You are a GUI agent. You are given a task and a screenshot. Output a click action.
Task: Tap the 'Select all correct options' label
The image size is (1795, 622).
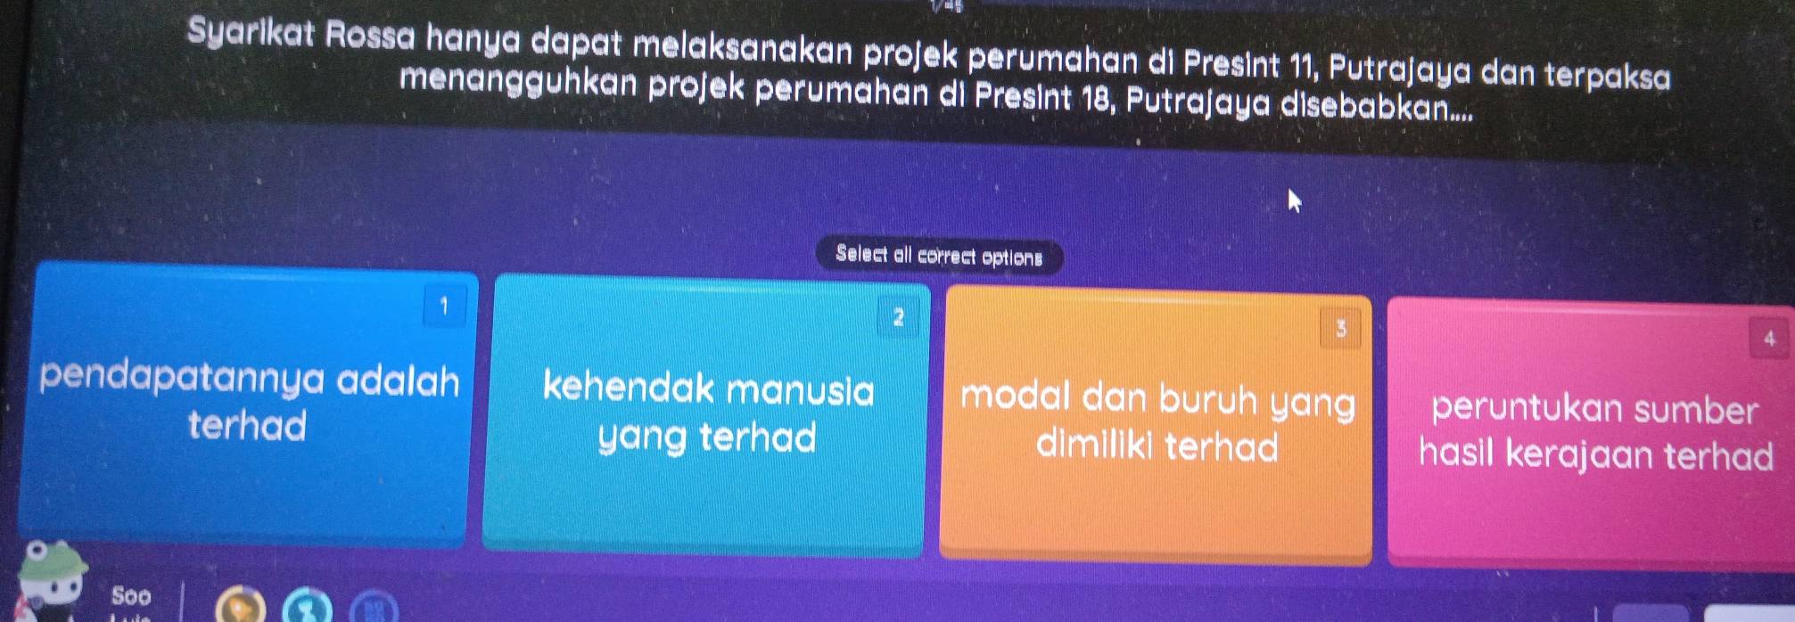tap(939, 257)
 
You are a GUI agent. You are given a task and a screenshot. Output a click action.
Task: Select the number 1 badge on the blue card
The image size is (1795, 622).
tap(444, 307)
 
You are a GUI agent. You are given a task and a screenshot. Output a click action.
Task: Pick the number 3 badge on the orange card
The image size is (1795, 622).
tap(1340, 330)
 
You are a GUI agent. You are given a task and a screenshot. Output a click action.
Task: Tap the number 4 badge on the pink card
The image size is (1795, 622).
tap(1770, 339)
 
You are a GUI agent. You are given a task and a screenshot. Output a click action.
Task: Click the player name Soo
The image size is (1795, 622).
tap(131, 594)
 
